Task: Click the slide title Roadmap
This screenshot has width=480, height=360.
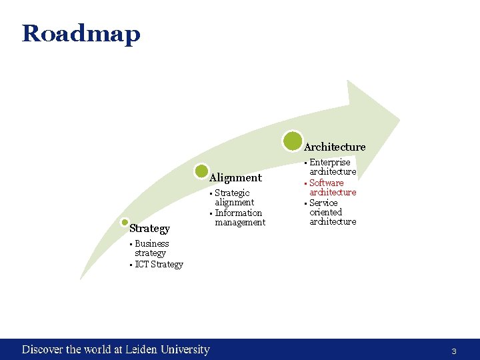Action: (x=81, y=33)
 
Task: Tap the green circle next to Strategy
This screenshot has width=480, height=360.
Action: (x=125, y=223)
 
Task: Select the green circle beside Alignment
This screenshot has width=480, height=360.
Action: (x=202, y=171)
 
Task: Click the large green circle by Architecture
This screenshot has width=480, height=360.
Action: (x=292, y=141)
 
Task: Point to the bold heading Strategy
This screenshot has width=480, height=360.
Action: (x=149, y=229)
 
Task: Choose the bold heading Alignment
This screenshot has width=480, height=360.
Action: (x=235, y=178)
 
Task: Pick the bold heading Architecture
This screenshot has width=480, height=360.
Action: (x=335, y=147)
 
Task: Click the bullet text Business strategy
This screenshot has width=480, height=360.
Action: (x=151, y=248)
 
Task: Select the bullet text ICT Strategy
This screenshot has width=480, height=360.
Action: (x=159, y=265)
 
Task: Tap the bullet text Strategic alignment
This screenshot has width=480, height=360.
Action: (x=234, y=197)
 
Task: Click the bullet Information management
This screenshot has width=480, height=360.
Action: (x=239, y=218)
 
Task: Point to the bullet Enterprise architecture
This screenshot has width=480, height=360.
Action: (x=332, y=167)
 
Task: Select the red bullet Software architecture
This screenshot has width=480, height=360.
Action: (x=332, y=187)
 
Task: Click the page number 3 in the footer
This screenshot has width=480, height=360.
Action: (x=454, y=351)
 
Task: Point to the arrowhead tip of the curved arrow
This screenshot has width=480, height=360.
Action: (x=399, y=120)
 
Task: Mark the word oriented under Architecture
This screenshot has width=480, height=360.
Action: (x=325, y=212)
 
